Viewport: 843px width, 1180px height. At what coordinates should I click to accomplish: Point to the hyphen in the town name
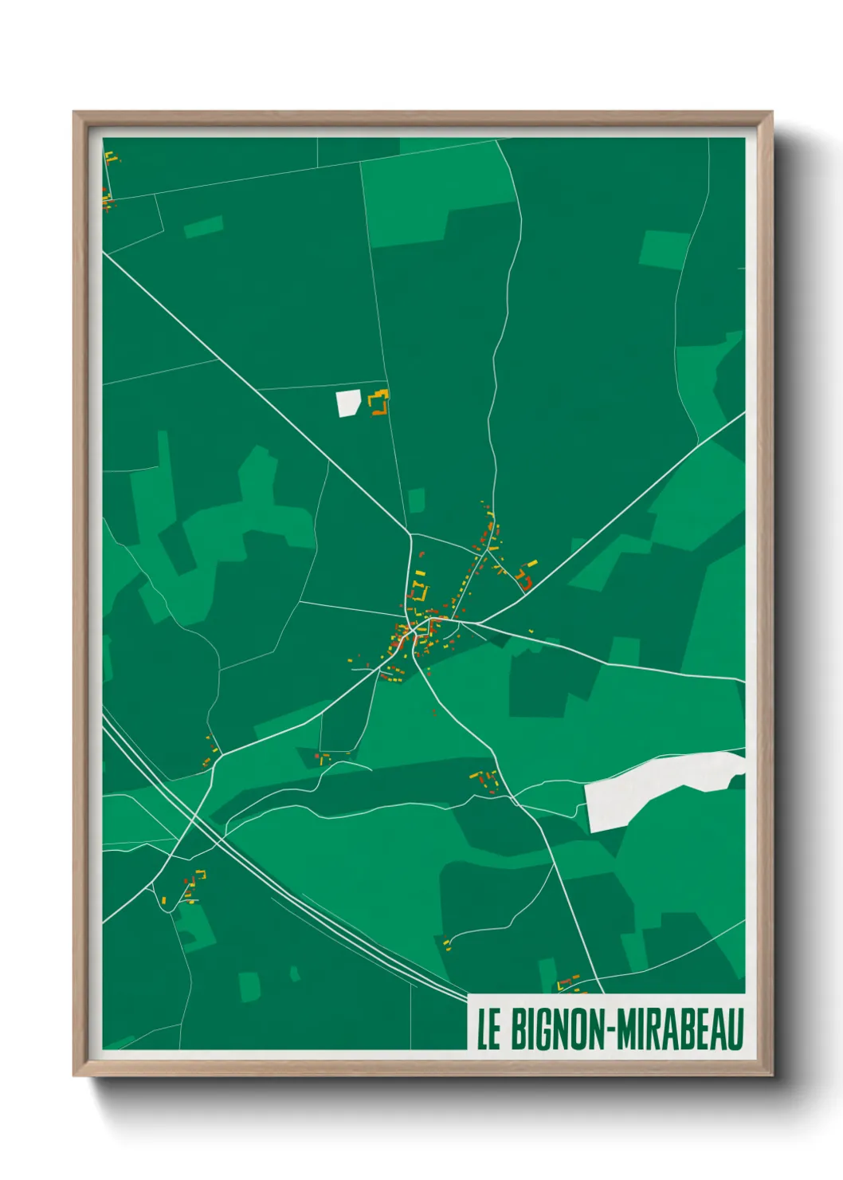coord(611,1030)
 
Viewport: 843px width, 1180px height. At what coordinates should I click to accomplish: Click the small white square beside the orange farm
coord(348,403)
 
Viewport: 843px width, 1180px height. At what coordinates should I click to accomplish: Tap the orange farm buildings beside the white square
coord(380,403)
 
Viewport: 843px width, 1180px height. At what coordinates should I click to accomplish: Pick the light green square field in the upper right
coord(664,250)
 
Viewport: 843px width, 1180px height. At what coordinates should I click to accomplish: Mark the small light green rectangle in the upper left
coord(203,227)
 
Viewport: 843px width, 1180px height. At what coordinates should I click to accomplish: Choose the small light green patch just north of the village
coord(417,501)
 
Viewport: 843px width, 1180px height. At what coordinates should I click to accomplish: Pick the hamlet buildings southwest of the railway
coord(191,885)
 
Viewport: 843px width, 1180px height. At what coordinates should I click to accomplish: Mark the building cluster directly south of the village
coord(485,781)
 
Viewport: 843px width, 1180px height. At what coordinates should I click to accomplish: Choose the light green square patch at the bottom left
coord(249,986)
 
